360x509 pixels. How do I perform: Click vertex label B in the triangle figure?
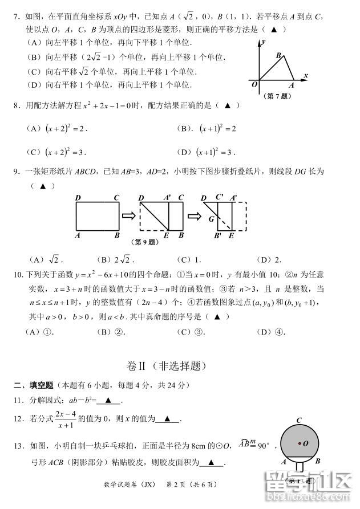[278, 55]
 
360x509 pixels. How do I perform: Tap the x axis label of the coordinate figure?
[306, 75]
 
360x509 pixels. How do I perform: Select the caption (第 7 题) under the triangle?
[278, 96]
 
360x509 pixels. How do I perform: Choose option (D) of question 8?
[206, 152]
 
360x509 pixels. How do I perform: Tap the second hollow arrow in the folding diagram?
[192, 216]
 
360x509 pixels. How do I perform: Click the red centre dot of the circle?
[299, 442]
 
